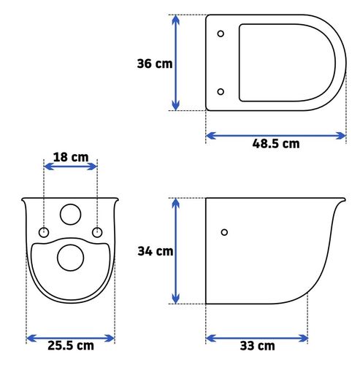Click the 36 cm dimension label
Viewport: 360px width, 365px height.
click(155, 64)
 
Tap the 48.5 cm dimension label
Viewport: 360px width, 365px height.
click(276, 144)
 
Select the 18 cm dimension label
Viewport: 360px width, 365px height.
click(71, 157)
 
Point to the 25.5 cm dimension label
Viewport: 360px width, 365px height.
click(71, 345)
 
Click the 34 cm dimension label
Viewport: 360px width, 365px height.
click(156, 251)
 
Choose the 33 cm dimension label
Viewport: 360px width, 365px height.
click(258, 346)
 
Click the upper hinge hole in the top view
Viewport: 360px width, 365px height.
click(221, 34)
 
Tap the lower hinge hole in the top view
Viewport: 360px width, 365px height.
click(221, 92)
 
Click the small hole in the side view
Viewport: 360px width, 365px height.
click(224, 232)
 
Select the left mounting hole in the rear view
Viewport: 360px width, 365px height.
click(44, 232)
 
